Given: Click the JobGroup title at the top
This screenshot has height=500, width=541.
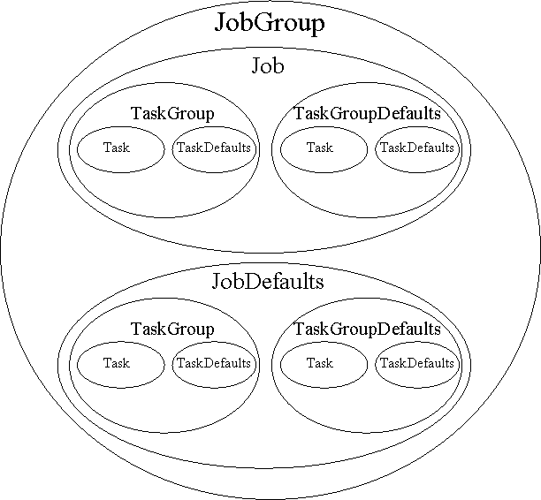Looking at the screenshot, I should coord(269,23).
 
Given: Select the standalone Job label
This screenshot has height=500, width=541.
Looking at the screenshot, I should coord(268,66).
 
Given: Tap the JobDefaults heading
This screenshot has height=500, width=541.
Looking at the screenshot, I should coord(268,282).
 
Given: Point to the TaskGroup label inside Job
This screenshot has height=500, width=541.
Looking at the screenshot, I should coord(172,114).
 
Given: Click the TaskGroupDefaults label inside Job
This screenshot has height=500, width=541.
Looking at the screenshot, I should coord(367,114).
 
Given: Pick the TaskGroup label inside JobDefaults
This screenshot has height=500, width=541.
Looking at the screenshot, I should coord(172,330).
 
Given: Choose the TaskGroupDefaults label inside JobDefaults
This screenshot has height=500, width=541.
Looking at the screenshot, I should coord(367,330).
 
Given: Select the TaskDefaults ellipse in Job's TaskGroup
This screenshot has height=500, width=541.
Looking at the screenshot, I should coord(213,148).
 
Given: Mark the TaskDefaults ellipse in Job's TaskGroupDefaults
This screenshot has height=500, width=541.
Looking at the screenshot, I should coord(416,148).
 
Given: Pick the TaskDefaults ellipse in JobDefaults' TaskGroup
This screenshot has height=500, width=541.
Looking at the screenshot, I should coord(213,363).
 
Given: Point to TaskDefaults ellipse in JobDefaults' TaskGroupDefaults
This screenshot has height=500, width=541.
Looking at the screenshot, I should coord(416,363).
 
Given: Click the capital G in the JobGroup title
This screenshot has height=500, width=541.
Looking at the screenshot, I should coord(264,23).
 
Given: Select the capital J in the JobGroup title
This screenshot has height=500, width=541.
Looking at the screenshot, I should coord(221,24).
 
